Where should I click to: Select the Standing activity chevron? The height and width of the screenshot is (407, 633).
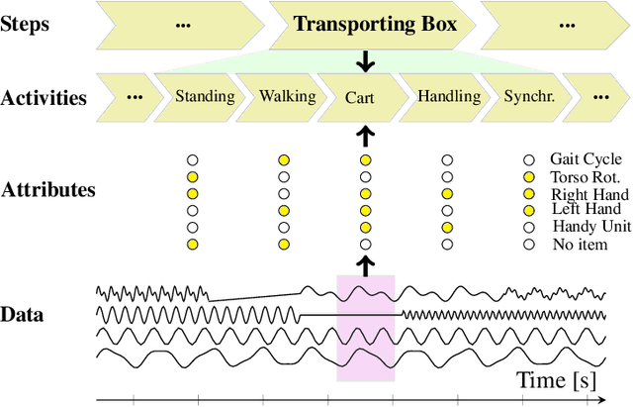coord(205,97)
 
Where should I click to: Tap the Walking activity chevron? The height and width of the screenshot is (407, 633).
coord(287,97)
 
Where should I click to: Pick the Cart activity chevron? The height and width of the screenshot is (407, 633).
coord(359,98)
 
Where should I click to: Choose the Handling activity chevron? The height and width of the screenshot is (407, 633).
coord(448,97)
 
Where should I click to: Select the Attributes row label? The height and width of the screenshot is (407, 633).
coord(48,189)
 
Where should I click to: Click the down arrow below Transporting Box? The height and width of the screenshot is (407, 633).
coord(366,60)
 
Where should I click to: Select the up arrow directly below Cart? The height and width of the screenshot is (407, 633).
coord(366,134)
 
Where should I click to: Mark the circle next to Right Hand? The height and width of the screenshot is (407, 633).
coord(529,193)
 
